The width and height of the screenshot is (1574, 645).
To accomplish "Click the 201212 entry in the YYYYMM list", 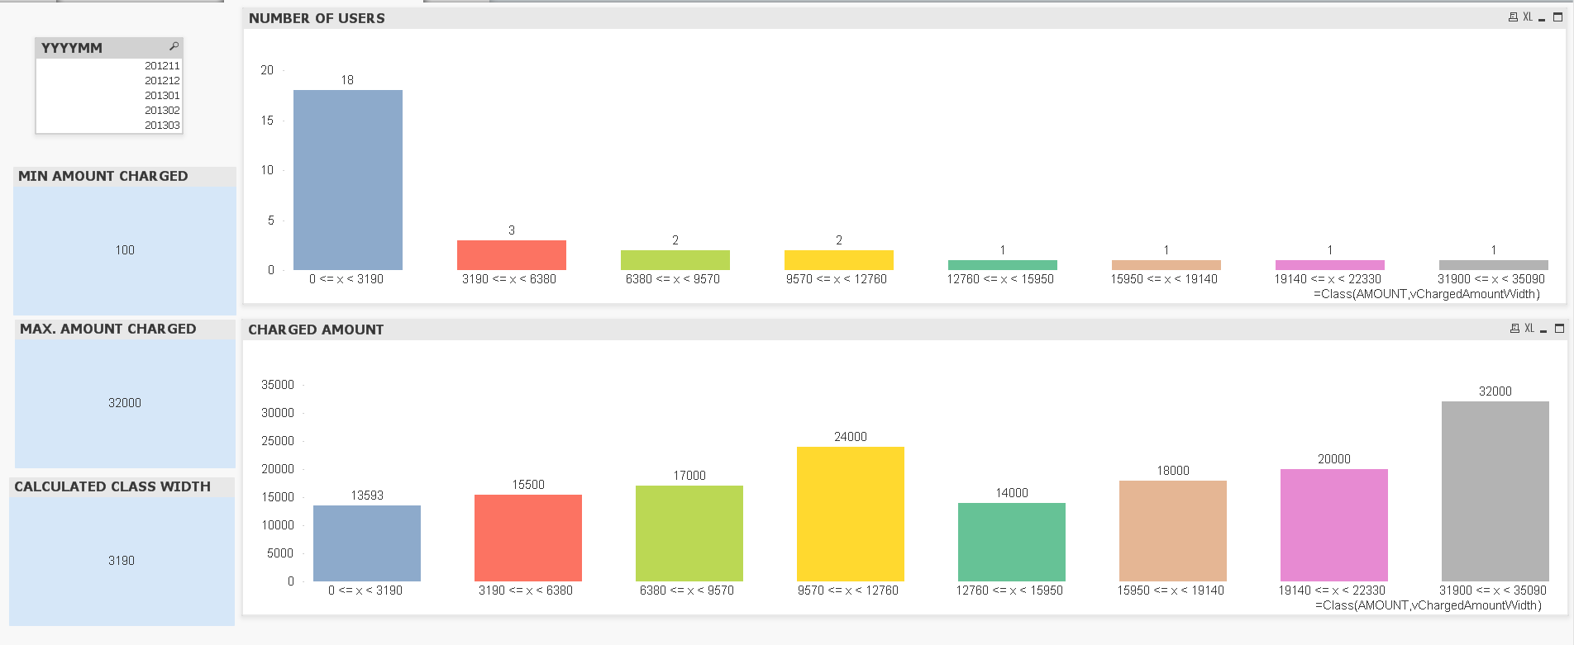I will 162,80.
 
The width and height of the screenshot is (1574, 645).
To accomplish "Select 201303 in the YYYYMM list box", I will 162,125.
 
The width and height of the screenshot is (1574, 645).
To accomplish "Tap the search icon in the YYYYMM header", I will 174,46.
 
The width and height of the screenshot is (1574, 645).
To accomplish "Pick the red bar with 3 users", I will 511,255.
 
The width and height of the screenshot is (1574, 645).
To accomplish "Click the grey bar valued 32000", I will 1495,491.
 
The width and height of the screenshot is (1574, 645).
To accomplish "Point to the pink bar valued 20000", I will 1333,525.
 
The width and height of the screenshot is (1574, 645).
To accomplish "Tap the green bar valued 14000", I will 1011,542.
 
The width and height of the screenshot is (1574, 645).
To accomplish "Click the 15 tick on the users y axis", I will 267,121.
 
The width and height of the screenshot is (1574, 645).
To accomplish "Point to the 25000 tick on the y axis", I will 278,441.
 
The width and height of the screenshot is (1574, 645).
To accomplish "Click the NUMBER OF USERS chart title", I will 317,18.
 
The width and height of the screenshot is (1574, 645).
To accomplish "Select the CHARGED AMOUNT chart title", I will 316,330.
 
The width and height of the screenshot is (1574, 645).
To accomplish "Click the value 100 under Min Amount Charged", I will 125,250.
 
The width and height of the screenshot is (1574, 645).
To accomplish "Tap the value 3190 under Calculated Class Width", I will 122,561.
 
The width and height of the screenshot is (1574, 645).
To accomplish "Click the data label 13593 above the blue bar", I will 367,496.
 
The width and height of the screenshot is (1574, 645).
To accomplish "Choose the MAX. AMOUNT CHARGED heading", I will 108,329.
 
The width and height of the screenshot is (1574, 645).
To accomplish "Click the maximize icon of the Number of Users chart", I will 1558,17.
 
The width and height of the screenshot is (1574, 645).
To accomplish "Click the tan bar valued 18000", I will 1172,531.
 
